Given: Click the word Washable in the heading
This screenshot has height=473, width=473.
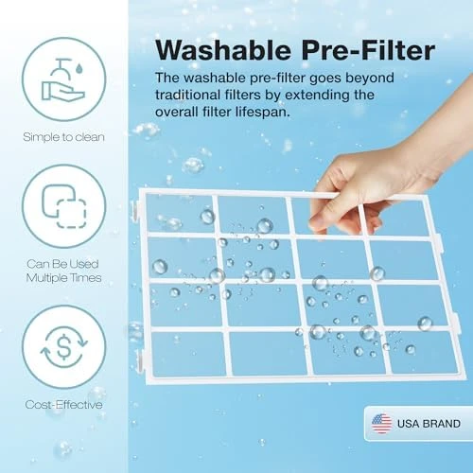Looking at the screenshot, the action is coord(223,50).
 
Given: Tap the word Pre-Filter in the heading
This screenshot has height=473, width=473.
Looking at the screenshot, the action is coord(368,50).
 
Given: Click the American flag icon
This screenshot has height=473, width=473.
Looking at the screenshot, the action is coord(381,423).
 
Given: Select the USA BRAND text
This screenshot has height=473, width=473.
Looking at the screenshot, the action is coord(429,424).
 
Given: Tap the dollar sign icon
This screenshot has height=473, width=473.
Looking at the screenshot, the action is coord(64,347).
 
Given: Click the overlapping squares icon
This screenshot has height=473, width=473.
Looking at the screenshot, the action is coord(64,206).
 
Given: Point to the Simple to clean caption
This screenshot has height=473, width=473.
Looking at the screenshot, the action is coord(63,137).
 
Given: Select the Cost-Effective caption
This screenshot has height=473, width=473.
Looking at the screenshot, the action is coord(63,405).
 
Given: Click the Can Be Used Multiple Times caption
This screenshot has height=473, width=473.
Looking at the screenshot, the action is coord(63,271).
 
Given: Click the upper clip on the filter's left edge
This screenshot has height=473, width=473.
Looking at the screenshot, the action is coord(136,209).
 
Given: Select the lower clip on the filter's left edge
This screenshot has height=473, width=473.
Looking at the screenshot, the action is coord(140,359).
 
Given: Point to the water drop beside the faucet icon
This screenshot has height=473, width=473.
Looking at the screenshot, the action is coord(79,68).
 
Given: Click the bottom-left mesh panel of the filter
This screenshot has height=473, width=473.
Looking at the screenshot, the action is coord(188,354).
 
